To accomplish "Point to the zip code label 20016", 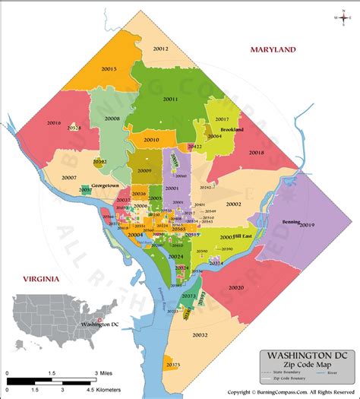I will coord(54,122).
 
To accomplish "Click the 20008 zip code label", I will coord(112,119).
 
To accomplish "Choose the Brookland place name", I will coord(222,130).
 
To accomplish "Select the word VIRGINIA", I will coord(40,279).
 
